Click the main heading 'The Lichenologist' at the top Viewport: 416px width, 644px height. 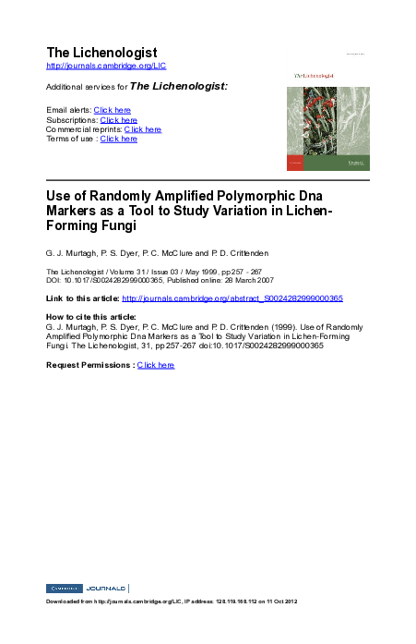[101, 53]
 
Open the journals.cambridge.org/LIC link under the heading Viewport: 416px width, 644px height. [106, 67]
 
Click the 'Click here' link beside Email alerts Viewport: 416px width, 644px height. [113, 110]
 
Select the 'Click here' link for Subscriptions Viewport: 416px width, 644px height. [119, 120]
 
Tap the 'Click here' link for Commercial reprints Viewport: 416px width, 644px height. [143, 129]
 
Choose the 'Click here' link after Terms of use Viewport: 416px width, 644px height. [119, 139]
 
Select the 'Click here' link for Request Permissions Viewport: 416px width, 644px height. [156, 365]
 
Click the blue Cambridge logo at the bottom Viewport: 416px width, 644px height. [64, 589]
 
